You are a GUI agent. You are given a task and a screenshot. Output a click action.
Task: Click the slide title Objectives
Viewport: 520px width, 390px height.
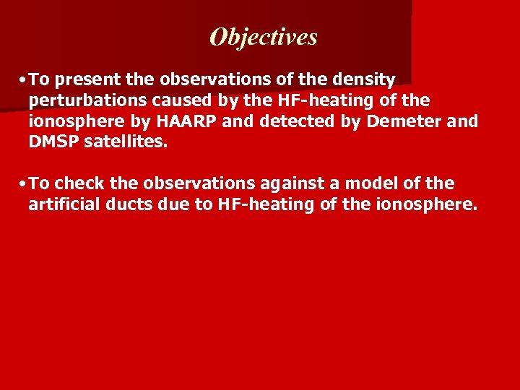pyautogui.click(x=264, y=37)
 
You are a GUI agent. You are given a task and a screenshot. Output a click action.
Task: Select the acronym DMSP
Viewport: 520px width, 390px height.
pyautogui.click(x=53, y=142)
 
